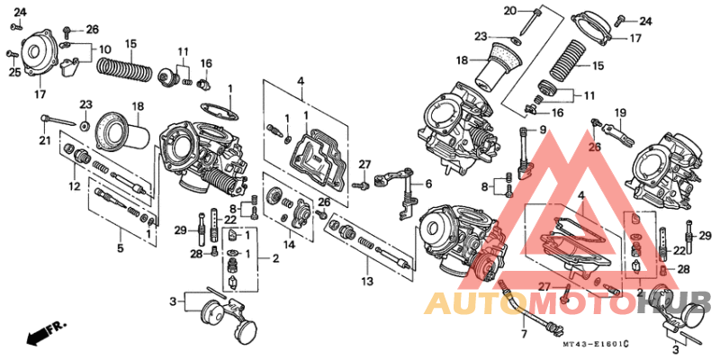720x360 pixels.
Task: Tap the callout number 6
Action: [428, 184]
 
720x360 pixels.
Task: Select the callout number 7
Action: [522, 334]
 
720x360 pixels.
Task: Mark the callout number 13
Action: [368, 267]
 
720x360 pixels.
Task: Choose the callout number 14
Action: [289, 244]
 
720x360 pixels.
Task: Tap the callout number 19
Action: [620, 113]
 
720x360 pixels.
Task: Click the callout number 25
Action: [14, 71]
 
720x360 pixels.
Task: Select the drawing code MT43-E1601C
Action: [594, 344]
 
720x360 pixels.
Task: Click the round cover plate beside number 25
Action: [40, 56]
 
